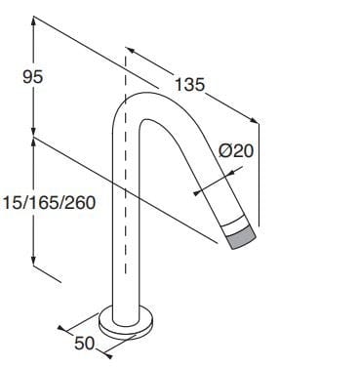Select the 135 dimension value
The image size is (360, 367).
189,85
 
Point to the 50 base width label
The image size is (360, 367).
86,343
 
